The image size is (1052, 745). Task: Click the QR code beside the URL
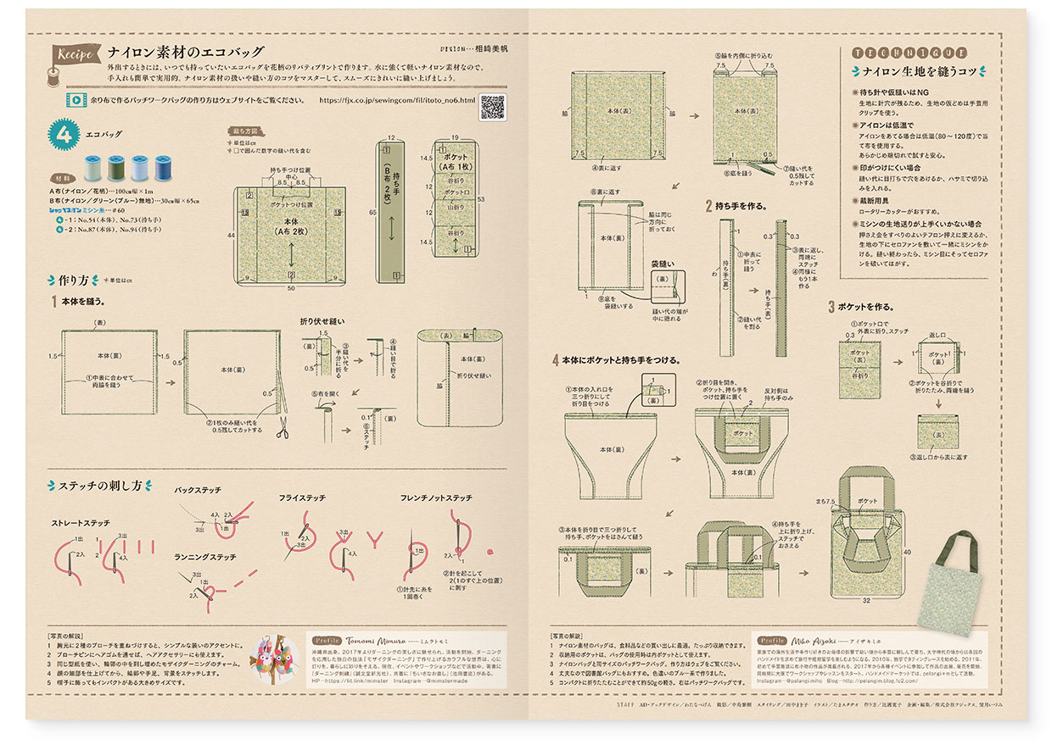pos(493,108)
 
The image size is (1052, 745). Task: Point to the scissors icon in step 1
pos(282,430)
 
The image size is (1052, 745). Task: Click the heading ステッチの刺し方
pos(100,486)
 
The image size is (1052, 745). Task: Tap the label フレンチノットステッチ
pos(436,498)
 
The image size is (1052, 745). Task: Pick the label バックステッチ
pos(198,490)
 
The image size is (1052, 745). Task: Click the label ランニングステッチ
pos(204,556)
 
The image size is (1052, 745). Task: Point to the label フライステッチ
pos(302,498)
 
